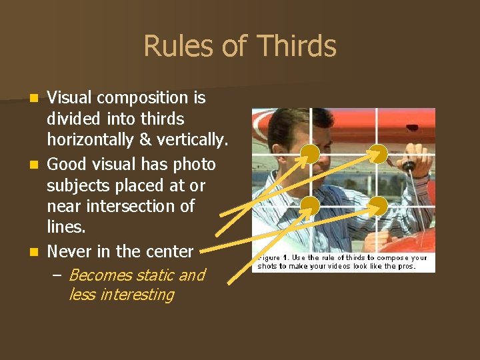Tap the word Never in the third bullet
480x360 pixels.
point(69,252)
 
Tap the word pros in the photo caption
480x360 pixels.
point(404,266)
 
